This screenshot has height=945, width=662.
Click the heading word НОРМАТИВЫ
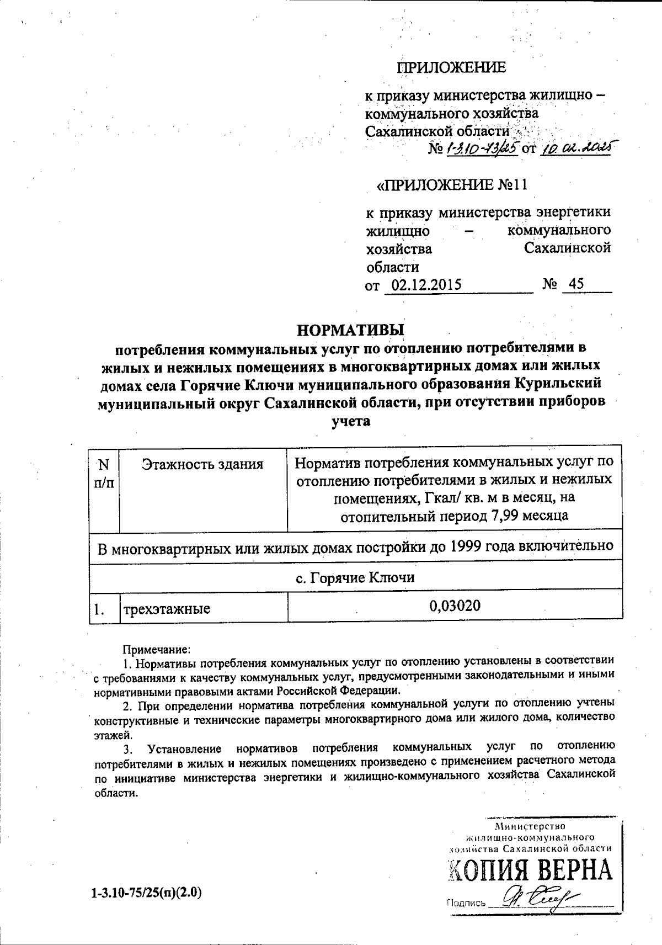tap(351, 330)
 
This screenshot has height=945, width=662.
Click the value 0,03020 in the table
tap(455, 606)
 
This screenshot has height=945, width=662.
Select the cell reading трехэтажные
tap(166, 609)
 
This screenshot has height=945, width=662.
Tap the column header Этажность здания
tap(202, 464)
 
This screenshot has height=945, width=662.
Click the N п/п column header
tap(104, 474)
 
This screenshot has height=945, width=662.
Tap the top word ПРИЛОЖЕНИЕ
tap(451, 68)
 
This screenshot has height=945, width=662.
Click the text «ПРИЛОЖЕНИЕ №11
tap(452, 184)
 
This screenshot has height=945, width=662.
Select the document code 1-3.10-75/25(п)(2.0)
tap(147, 891)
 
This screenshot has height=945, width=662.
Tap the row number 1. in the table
tap(100, 610)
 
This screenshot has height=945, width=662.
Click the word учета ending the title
tap(351, 421)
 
